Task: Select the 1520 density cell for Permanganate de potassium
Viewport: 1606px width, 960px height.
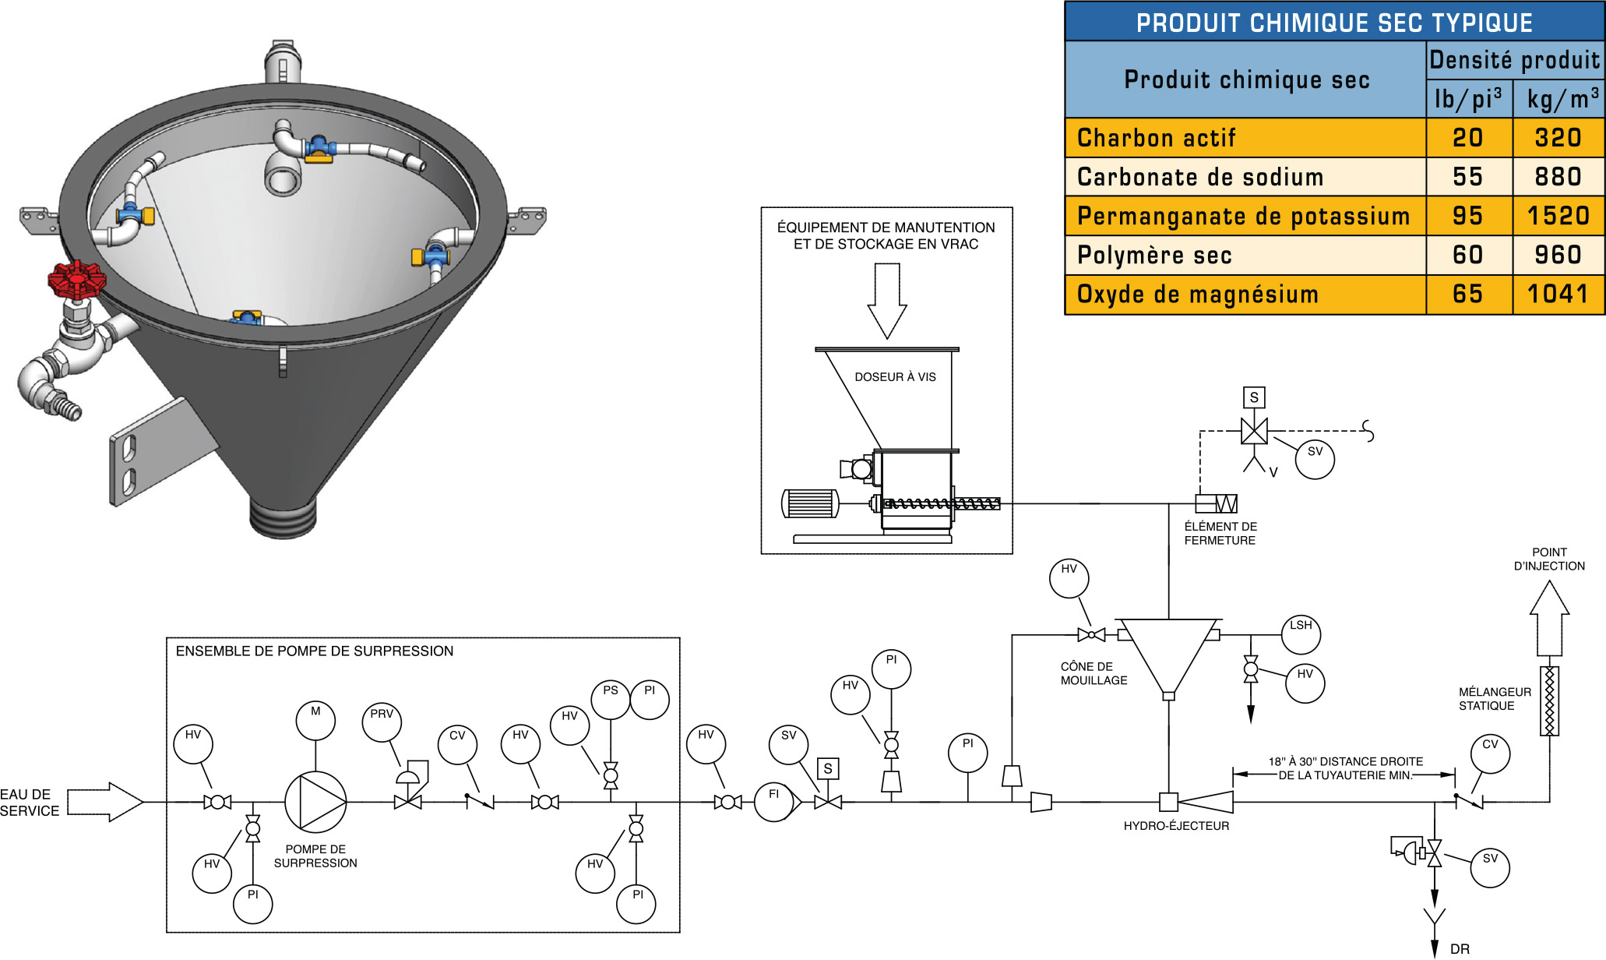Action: click(1558, 216)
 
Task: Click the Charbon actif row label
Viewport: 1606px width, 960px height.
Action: click(1156, 138)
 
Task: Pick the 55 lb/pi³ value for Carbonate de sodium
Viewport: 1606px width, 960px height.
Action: click(1467, 177)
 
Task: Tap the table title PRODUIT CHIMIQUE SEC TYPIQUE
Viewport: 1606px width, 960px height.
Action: click(1333, 23)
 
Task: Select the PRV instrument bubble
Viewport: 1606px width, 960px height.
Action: click(382, 723)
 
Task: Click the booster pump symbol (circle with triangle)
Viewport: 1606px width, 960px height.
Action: click(315, 802)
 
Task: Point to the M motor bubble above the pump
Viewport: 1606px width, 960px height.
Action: click(315, 721)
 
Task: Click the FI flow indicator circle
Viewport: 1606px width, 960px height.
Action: click(774, 802)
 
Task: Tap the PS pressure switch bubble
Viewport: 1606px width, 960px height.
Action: click(611, 700)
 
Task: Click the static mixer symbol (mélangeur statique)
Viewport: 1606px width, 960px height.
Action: click(1549, 701)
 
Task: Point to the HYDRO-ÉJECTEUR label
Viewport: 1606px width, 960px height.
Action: click(1176, 826)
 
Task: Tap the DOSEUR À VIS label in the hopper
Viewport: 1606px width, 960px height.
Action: click(895, 377)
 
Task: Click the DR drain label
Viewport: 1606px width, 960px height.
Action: click(1460, 949)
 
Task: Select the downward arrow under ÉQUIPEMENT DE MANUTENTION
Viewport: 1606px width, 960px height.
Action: click(887, 299)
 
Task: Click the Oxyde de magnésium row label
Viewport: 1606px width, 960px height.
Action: click(1197, 295)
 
